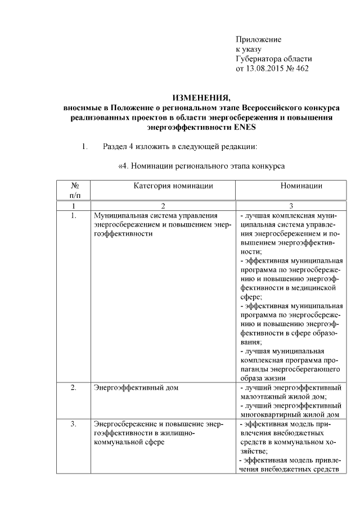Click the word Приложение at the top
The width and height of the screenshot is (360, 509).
click(258, 40)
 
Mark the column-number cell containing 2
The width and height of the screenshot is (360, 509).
click(163, 206)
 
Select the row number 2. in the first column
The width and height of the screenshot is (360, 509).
click(74, 388)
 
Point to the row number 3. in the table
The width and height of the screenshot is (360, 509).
click(74, 424)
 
